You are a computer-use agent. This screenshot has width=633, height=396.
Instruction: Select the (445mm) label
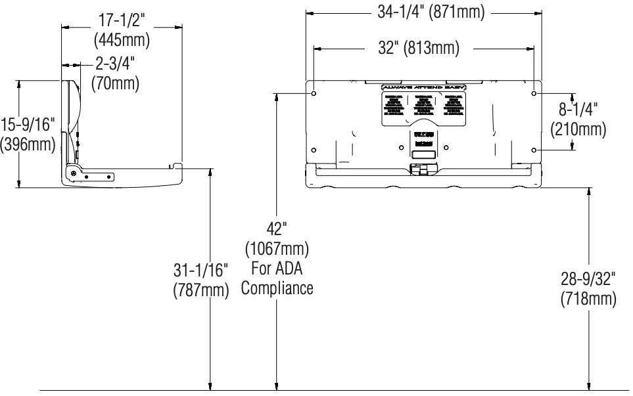click(x=122, y=41)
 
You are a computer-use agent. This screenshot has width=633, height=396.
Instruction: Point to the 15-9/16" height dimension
click(x=28, y=124)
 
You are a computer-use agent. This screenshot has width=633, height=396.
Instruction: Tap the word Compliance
click(x=276, y=288)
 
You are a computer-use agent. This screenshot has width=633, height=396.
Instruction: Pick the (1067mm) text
click(x=276, y=250)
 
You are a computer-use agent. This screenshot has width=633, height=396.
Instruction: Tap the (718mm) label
click(x=588, y=299)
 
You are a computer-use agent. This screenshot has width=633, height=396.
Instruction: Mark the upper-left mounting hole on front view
click(x=314, y=94)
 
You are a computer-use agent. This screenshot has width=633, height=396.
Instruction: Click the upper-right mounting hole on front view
click(x=534, y=94)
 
